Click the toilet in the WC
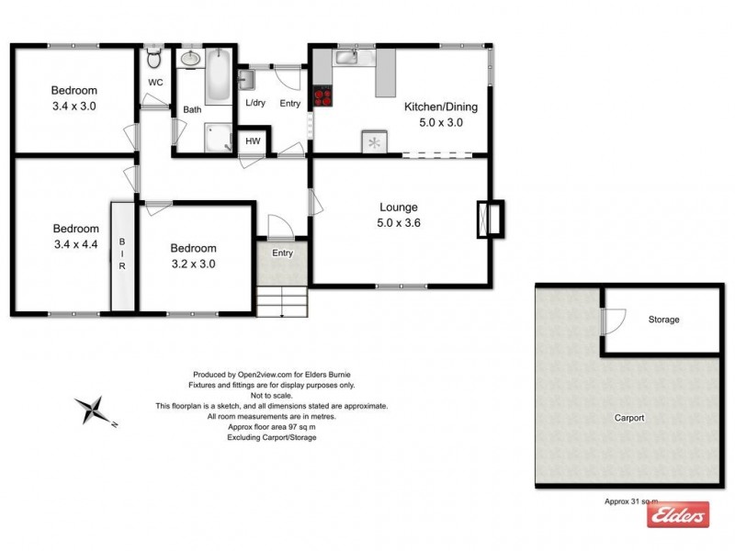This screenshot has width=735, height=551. pos(154,61)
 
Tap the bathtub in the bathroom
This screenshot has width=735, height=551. pos(218,78)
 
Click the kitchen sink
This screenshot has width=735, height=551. pos(346,58)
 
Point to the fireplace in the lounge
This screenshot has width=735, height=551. pos(489,219)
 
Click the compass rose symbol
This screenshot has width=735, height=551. pos(92,409)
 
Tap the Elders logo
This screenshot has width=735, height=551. pos(678,515)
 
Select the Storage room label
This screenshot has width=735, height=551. pos(663,320)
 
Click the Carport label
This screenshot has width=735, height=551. pos(629,418)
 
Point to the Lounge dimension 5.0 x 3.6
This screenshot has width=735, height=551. pos(398,222)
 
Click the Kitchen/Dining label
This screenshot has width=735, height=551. pos(441,107)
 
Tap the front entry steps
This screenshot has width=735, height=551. pos(281,299)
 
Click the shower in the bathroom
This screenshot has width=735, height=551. pos(218,137)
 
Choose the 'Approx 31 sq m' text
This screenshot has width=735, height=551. pos(631,501)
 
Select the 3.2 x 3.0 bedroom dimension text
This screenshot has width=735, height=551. pos(193,264)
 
